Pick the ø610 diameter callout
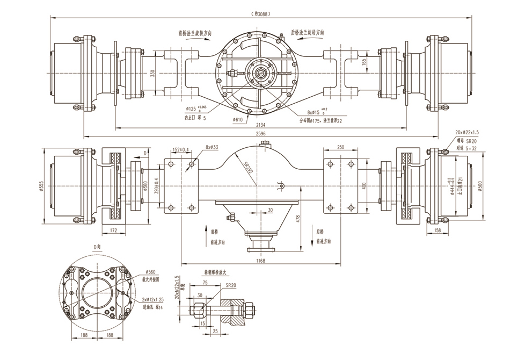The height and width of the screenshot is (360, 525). point(238,119)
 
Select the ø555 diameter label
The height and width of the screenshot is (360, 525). point(42,185)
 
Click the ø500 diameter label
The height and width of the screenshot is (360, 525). point(479,185)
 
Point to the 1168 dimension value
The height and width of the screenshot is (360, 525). point(261,261)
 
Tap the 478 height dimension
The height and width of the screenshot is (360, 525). point(298,219)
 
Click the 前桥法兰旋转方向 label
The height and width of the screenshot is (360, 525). point(195,33)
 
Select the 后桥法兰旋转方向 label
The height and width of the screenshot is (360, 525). point(308,32)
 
